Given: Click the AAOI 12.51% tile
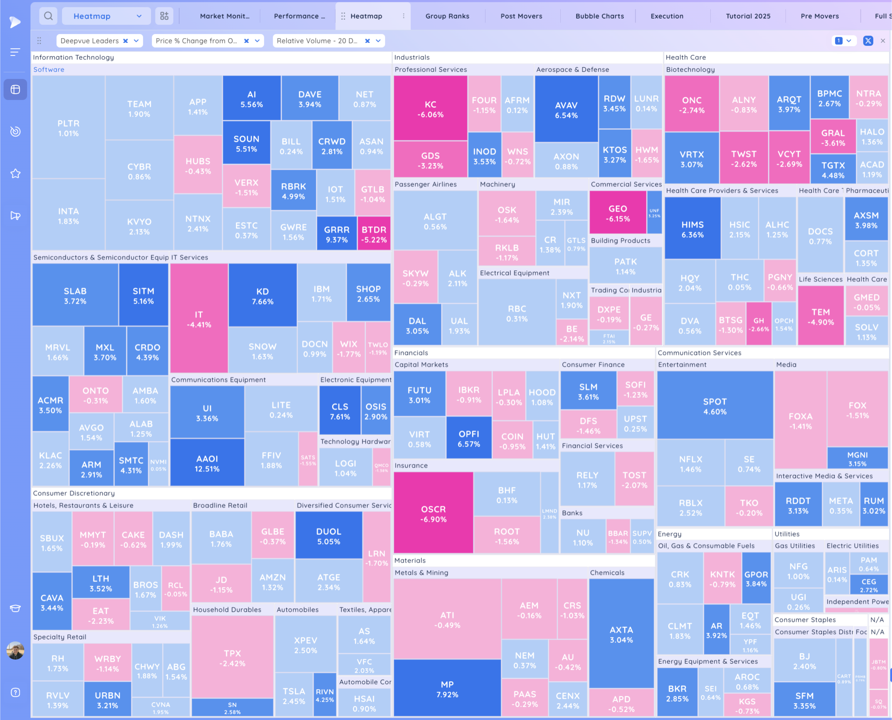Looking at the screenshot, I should click(207, 463).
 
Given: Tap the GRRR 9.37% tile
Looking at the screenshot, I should click(337, 234).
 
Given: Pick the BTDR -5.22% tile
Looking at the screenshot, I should click(374, 234).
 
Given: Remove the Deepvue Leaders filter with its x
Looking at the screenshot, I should click(125, 41).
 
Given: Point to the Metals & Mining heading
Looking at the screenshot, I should click(421, 573).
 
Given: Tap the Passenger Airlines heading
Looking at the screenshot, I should click(425, 184).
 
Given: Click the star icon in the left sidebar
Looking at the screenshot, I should click(15, 173).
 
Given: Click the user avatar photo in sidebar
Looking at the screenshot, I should click(15, 650).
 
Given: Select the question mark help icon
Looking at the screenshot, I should click(15, 693).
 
